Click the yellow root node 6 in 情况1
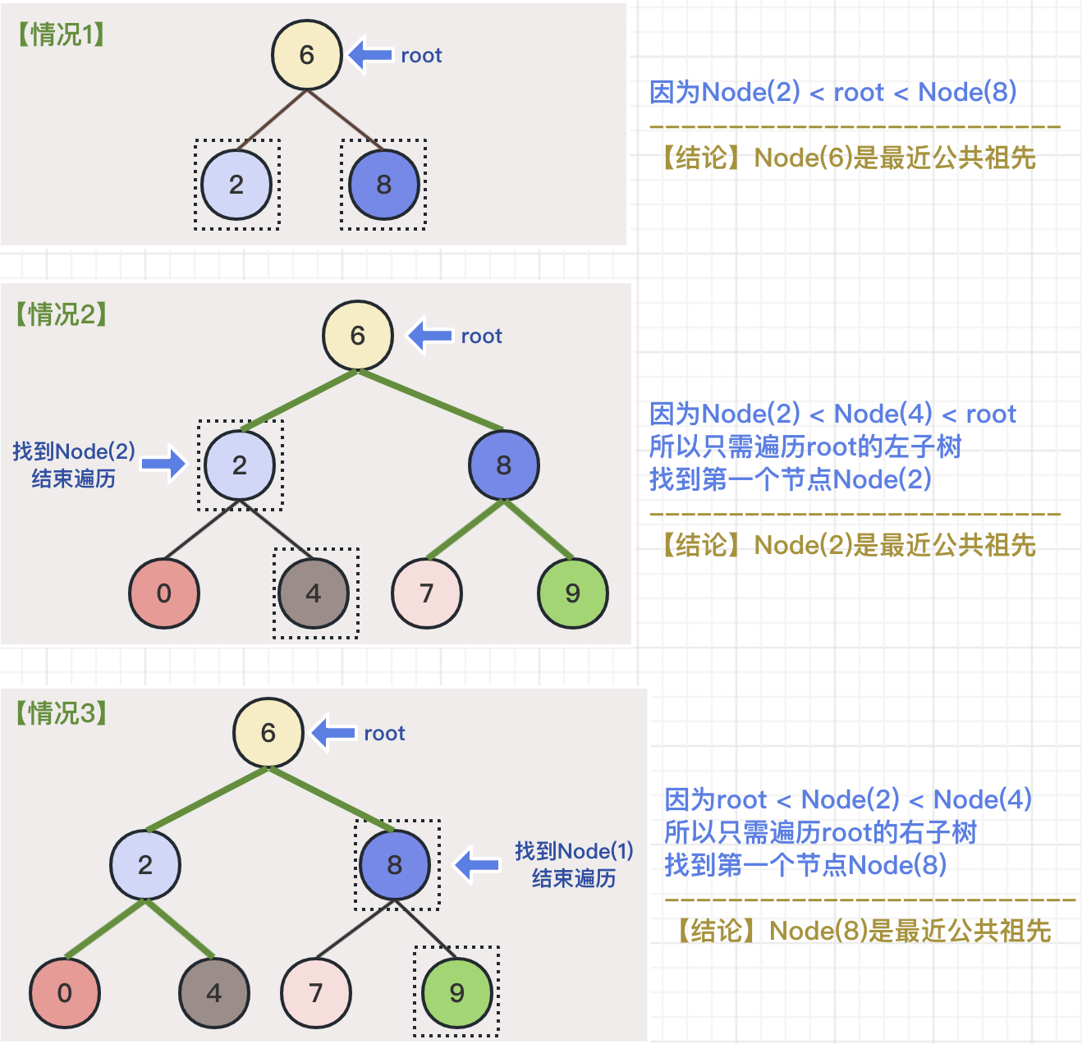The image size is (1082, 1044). (306, 55)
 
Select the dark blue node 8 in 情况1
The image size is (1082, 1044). (383, 185)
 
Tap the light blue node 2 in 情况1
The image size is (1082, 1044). (236, 185)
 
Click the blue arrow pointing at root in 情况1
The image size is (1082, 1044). (370, 55)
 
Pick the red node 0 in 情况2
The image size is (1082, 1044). (164, 593)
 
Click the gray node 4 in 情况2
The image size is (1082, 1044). (314, 593)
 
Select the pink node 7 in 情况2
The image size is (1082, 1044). (427, 593)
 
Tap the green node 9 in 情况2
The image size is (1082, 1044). (572, 593)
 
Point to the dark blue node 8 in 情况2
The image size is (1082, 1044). (503, 465)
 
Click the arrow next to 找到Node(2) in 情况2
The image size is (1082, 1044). (163, 464)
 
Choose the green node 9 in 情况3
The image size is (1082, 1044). (457, 992)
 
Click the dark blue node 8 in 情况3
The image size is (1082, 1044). (395, 864)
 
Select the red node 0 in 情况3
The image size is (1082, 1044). (65, 992)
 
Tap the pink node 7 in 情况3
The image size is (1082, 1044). (316, 992)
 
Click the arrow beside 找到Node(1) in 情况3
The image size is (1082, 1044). (477, 864)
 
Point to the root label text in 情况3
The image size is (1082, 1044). (384, 733)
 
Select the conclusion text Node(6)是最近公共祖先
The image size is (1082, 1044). (849, 157)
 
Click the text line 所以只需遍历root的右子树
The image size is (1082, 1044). (820, 832)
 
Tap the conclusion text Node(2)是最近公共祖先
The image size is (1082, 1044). (849, 544)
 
